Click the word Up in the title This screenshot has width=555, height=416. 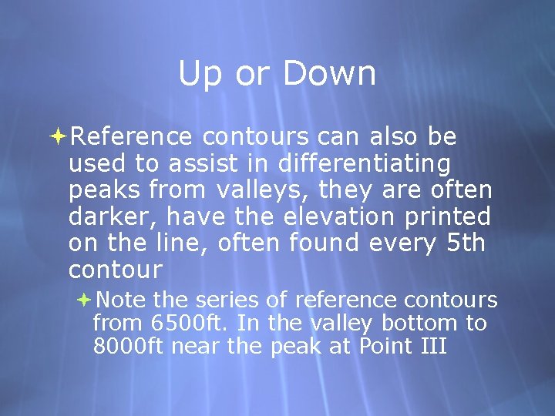pos(198,75)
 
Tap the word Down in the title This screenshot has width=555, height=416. pos(329,74)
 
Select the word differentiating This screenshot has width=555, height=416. pos(365,164)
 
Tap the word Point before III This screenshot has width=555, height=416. pos(384,346)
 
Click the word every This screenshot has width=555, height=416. pos(402,243)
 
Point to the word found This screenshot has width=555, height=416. pos(325,243)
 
